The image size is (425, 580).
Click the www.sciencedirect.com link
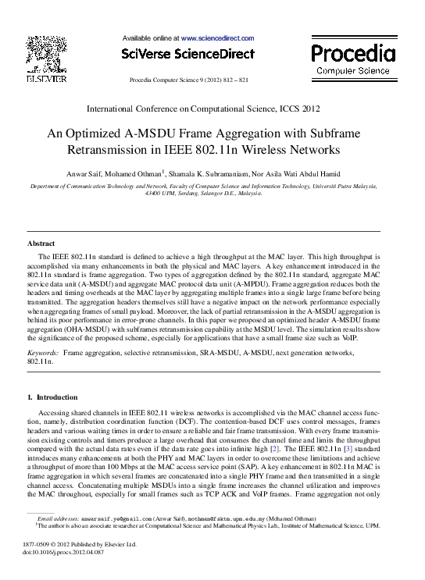pyautogui.click(x=217, y=37)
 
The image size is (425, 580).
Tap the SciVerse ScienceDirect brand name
pyautogui.click(x=187, y=54)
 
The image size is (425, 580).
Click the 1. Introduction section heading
pyautogui.click(x=52, y=398)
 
